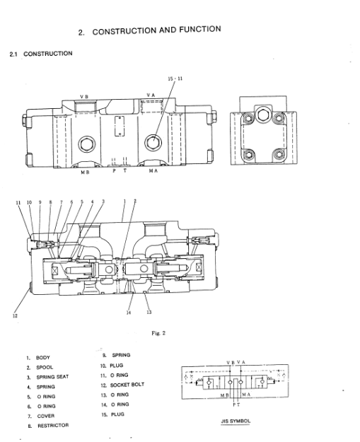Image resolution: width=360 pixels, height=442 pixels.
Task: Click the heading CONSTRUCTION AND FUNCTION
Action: (x=156, y=30)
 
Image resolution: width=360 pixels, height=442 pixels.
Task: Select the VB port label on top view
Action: (x=84, y=97)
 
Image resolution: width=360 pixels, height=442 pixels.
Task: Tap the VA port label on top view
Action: (x=151, y=95)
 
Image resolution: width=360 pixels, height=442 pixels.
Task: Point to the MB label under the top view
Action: (x=85, y=172)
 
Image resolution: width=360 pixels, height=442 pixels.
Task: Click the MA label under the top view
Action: (x=153, y=171)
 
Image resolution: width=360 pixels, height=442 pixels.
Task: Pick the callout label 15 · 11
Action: (x=175, y=78)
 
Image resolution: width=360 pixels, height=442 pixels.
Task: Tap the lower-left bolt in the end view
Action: (x=249, y=154)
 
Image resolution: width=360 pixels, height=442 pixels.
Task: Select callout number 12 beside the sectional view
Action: (x=15, y=315)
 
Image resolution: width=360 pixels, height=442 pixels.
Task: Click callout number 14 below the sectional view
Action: (x=129, y=313)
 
